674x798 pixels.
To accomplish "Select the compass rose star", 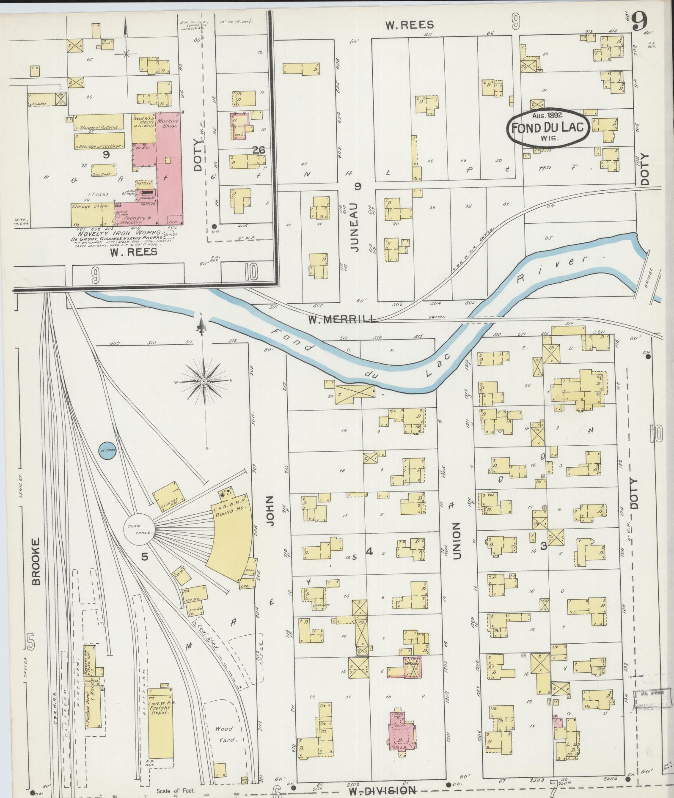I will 204,381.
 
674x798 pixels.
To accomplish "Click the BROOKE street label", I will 36,561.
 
